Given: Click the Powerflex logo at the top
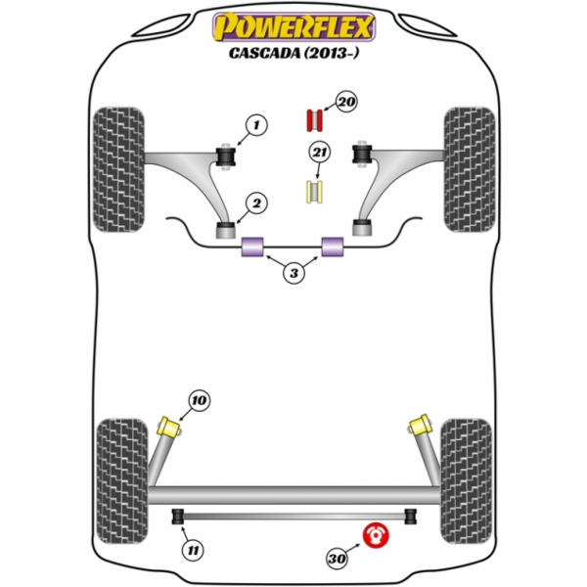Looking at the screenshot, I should [293, 23].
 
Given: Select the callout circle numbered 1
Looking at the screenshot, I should [256, 124].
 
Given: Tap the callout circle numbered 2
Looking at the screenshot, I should [256, 203].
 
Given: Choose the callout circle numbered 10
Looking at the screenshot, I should [199, 399].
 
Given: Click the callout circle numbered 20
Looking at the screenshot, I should [345, 101].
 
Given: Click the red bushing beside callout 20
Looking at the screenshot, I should [315, 119].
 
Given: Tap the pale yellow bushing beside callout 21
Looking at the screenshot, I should [316, 193].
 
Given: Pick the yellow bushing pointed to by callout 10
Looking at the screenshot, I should [168, 428].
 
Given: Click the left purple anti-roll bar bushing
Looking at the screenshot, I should [253, 248].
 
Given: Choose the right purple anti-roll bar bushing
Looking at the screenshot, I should [335, 248].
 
